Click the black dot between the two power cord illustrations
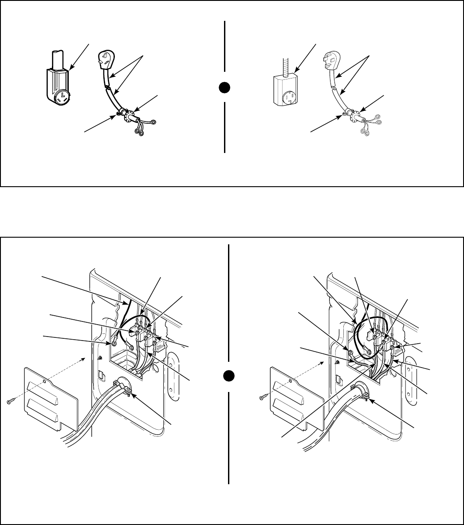click(226, 87)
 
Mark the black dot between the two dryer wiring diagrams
click(229, 376)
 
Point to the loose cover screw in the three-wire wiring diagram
click(11, 401)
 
